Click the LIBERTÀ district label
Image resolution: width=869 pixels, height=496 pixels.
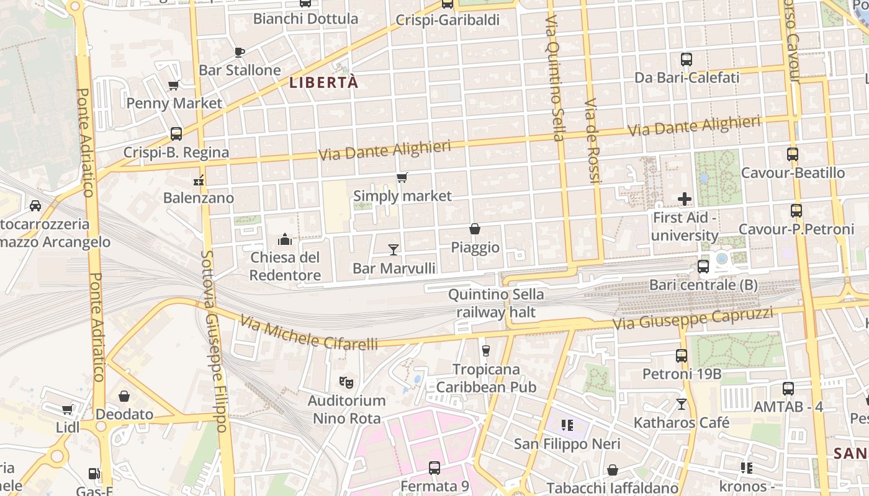(324, 82)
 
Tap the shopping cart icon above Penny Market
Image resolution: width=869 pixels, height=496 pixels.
(174, 85)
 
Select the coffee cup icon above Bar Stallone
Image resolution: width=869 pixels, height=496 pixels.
(240, 52)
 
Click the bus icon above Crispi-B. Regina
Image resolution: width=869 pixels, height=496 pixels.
(176, 134)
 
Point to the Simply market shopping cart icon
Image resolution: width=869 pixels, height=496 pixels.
(402, 178)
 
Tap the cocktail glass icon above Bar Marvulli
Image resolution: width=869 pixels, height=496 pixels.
(393, 249)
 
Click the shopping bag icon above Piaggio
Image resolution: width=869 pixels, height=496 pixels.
(475, 229)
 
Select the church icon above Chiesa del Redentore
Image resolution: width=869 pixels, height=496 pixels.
(285, 239)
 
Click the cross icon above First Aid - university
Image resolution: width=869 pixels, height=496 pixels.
(685, 199)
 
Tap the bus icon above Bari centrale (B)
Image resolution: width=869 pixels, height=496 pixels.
(703, 267)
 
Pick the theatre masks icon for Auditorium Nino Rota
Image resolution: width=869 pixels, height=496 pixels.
(346, 382)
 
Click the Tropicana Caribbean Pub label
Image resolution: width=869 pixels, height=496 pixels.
(486, 378)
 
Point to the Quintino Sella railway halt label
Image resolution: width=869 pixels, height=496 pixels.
(496, 303)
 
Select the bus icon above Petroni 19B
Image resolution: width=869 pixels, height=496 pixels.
(682, 356)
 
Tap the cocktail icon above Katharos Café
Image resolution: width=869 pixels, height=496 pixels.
(682, 404)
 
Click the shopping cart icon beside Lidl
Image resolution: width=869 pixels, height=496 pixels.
(68, 410)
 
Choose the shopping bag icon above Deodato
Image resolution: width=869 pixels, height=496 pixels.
(124, 396)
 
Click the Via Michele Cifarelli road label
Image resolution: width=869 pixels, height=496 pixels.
(308, 334)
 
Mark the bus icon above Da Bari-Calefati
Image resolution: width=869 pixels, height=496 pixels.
(687, 60)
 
